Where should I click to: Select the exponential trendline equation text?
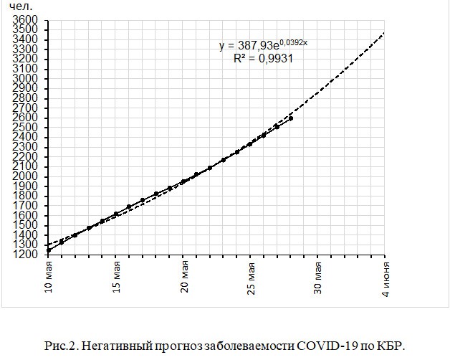[x=264, y=46]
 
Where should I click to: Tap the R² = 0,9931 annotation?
[x=264, y=60]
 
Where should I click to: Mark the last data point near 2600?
[x=290, y=118]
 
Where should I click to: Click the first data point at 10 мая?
[x=49, y=250]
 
